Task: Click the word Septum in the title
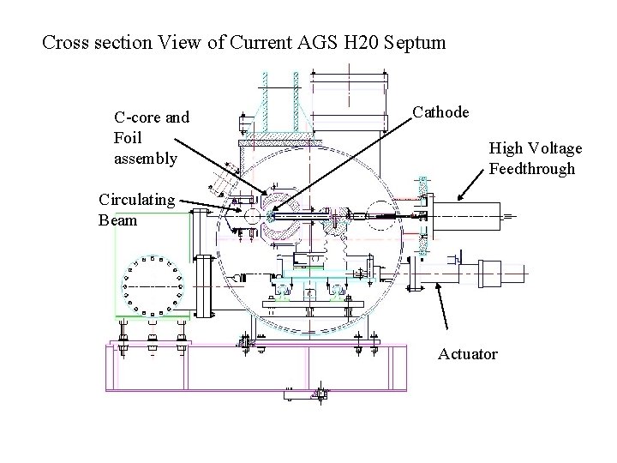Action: [x=415, y=41]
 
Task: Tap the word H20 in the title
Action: [x=360, y=41]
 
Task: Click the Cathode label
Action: [x=440, y=112]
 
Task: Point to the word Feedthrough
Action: [x=532, y=168]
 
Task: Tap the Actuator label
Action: [x=467, y=353]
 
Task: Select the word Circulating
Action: [x=136, y=200]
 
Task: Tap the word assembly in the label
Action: [x=145, y=158]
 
